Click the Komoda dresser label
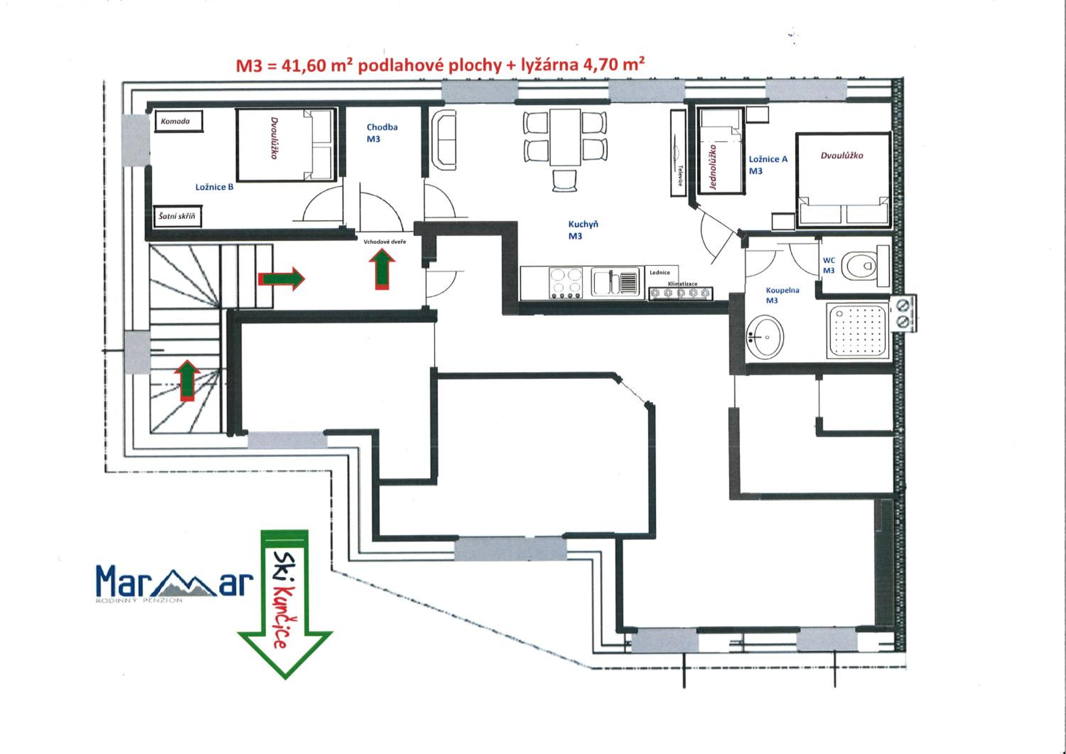tap(176, 122)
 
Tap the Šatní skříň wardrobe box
tap(177, 216)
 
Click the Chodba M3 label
tap(382, 133)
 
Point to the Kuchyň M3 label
tap(583, 230)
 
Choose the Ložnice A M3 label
tap(768, 165)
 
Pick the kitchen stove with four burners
tap(566, 283)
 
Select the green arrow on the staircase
tap(187, 380)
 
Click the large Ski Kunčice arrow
tap(285, 604)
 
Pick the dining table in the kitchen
tap(565, 137)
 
